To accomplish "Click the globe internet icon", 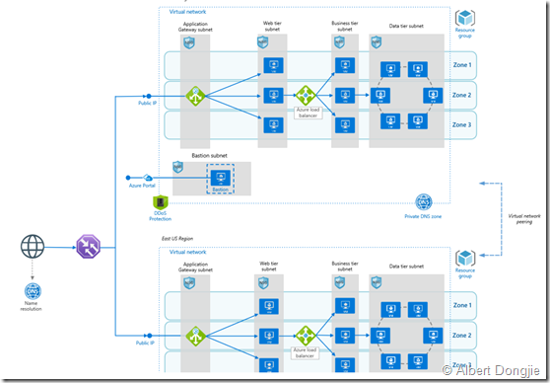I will point(33,246).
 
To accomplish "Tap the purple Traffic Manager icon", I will point(85,246).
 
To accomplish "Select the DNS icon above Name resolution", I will point(33,291).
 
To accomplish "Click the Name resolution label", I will point(33,310).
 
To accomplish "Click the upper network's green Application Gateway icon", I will point(196,97).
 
